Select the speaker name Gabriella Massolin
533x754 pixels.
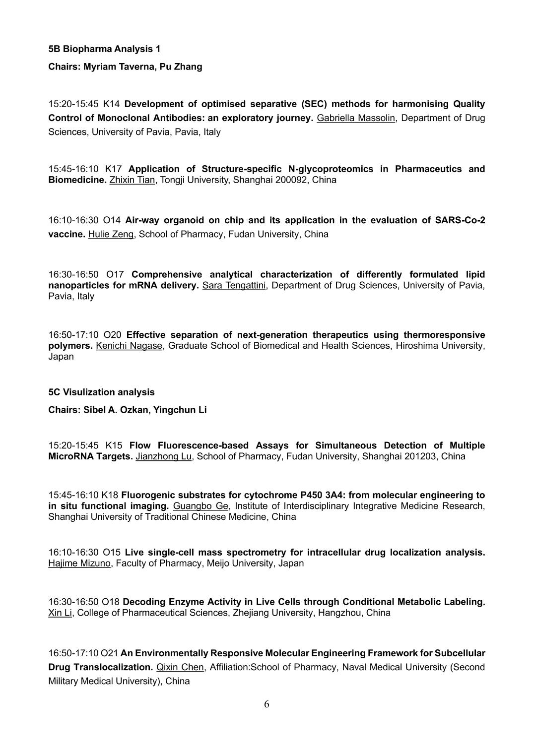tap(356, 118)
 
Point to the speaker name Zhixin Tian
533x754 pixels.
tap(132, 180)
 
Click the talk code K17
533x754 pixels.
tap(113, 169)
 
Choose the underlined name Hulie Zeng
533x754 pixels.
tap(111, 234)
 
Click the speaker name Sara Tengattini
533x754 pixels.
tap(234, 286)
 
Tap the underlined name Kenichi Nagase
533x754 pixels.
tap(129, 346)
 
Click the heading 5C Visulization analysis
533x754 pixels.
tap(101, 392)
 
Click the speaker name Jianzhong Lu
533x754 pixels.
tap(163, 456)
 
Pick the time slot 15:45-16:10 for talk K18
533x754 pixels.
tap(73, 495)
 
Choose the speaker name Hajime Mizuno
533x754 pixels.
tap(79, 564)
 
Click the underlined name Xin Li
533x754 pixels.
tap(60, 613)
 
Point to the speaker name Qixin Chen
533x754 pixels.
tap(180, 667)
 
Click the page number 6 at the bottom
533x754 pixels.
tap(266, 704)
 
